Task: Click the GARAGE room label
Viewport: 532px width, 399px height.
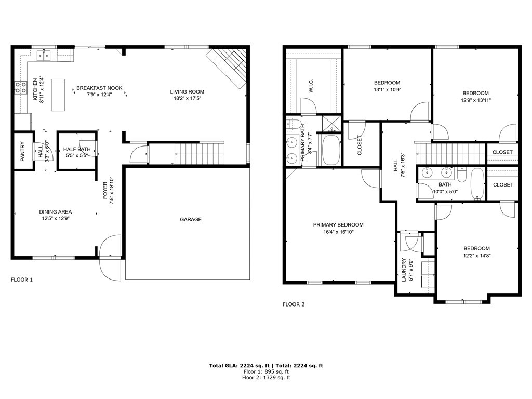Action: [190, 220]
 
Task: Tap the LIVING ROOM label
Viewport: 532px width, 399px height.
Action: [187, 91]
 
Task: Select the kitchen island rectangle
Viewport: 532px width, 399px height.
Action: [58, 95]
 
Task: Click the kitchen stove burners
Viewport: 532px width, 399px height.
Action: [21, 87]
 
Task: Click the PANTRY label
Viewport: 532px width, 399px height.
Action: [23, 151]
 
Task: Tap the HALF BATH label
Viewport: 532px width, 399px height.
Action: [77, 149]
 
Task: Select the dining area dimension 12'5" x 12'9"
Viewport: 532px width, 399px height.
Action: [55, 219]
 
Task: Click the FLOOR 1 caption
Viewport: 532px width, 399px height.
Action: [22, 280]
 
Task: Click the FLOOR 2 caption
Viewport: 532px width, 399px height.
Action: [294, 304]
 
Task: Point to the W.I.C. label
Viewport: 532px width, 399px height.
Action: [311, 86]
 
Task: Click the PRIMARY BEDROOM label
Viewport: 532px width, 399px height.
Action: [338, 224]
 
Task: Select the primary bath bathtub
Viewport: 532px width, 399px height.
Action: [330, 150]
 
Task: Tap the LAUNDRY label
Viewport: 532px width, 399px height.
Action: [404, 270]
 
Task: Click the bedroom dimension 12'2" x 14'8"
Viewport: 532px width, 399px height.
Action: [477, 256]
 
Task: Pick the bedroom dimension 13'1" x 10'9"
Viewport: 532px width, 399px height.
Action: [387, 90]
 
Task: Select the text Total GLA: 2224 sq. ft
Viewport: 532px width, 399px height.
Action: [239, 365]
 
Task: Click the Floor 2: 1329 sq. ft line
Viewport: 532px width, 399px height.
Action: [266, 377]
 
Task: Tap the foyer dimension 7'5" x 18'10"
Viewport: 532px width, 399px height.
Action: [112, 191]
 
